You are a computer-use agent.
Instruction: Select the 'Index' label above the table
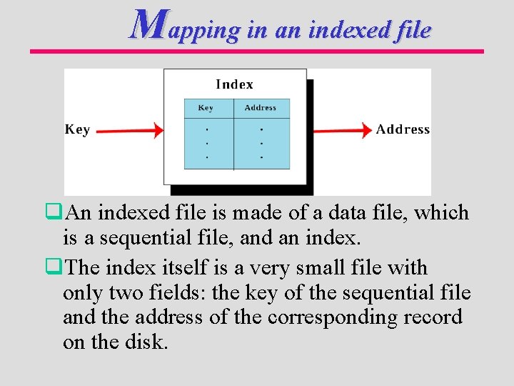tap(234, 84)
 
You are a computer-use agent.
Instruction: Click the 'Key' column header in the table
tap(206, 108)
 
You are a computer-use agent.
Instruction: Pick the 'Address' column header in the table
tap(260, 108)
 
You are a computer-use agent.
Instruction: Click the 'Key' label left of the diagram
tap(77, 129)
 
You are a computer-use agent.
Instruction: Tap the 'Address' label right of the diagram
tap(403, 129)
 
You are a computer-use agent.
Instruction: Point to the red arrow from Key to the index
tap(128, 130)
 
